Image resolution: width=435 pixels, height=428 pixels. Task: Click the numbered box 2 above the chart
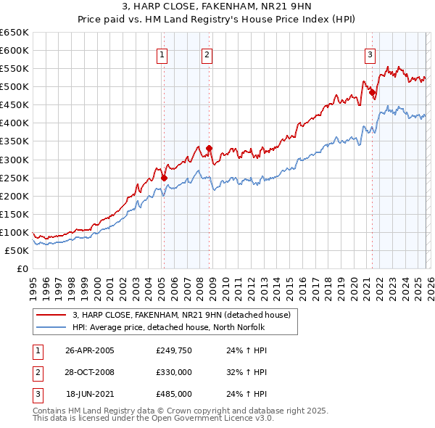(207, 54)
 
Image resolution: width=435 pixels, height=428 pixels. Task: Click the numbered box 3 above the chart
(370, 53)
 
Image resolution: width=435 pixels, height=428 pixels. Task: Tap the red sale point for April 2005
(165, 178)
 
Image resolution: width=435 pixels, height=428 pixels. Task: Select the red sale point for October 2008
(209, 149)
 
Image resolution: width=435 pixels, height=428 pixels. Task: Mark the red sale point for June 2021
(372, 92)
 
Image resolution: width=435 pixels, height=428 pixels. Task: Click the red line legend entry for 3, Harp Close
(181, 315)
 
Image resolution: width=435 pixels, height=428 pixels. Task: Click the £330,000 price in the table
(173, 372)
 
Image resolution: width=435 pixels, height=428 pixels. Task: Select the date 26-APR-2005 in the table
(89, 350)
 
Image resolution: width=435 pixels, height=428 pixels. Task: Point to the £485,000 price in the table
(173, 394)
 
